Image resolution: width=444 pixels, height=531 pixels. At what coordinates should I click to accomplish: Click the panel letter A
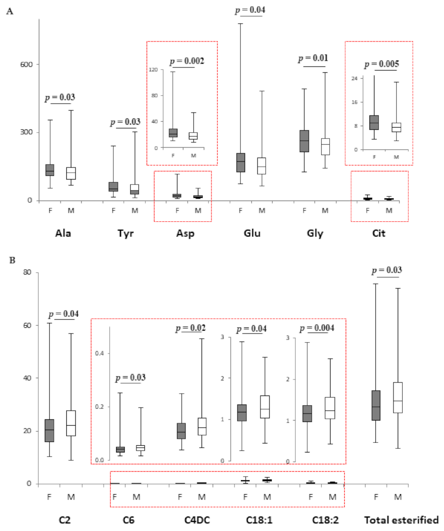point(10,12)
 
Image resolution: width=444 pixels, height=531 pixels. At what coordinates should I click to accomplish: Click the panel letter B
point(12,260)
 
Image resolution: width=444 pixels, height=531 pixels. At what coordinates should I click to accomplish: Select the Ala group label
point(63,233)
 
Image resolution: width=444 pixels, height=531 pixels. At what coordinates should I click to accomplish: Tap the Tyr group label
point(126,233)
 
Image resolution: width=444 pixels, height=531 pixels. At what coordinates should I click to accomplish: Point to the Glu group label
point(252,233)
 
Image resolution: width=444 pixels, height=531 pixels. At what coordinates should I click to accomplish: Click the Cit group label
point(378,233)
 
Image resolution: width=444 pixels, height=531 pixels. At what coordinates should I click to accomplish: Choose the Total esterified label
point(401,520)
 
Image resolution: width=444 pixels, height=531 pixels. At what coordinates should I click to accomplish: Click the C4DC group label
point(197,520)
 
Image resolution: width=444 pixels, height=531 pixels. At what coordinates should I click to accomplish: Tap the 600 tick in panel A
point(26,64)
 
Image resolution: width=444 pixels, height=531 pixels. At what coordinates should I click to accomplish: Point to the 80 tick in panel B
point(27,272)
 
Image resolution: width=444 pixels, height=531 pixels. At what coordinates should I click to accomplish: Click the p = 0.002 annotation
point(187,61)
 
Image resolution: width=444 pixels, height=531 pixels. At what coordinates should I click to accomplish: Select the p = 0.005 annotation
point(381,64)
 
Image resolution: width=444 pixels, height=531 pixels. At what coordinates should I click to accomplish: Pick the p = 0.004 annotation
point(317,328)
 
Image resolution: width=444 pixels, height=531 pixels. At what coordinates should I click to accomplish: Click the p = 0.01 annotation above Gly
point(313,58)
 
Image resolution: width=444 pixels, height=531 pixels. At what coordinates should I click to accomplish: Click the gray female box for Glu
point(241,162)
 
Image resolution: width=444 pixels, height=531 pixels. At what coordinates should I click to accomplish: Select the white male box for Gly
point(325,146)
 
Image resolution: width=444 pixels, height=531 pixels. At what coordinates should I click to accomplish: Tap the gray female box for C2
point(49,430)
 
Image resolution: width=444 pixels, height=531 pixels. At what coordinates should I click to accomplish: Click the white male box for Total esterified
point(398,397)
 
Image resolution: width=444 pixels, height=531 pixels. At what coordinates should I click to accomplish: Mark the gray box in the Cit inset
point(374,122)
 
